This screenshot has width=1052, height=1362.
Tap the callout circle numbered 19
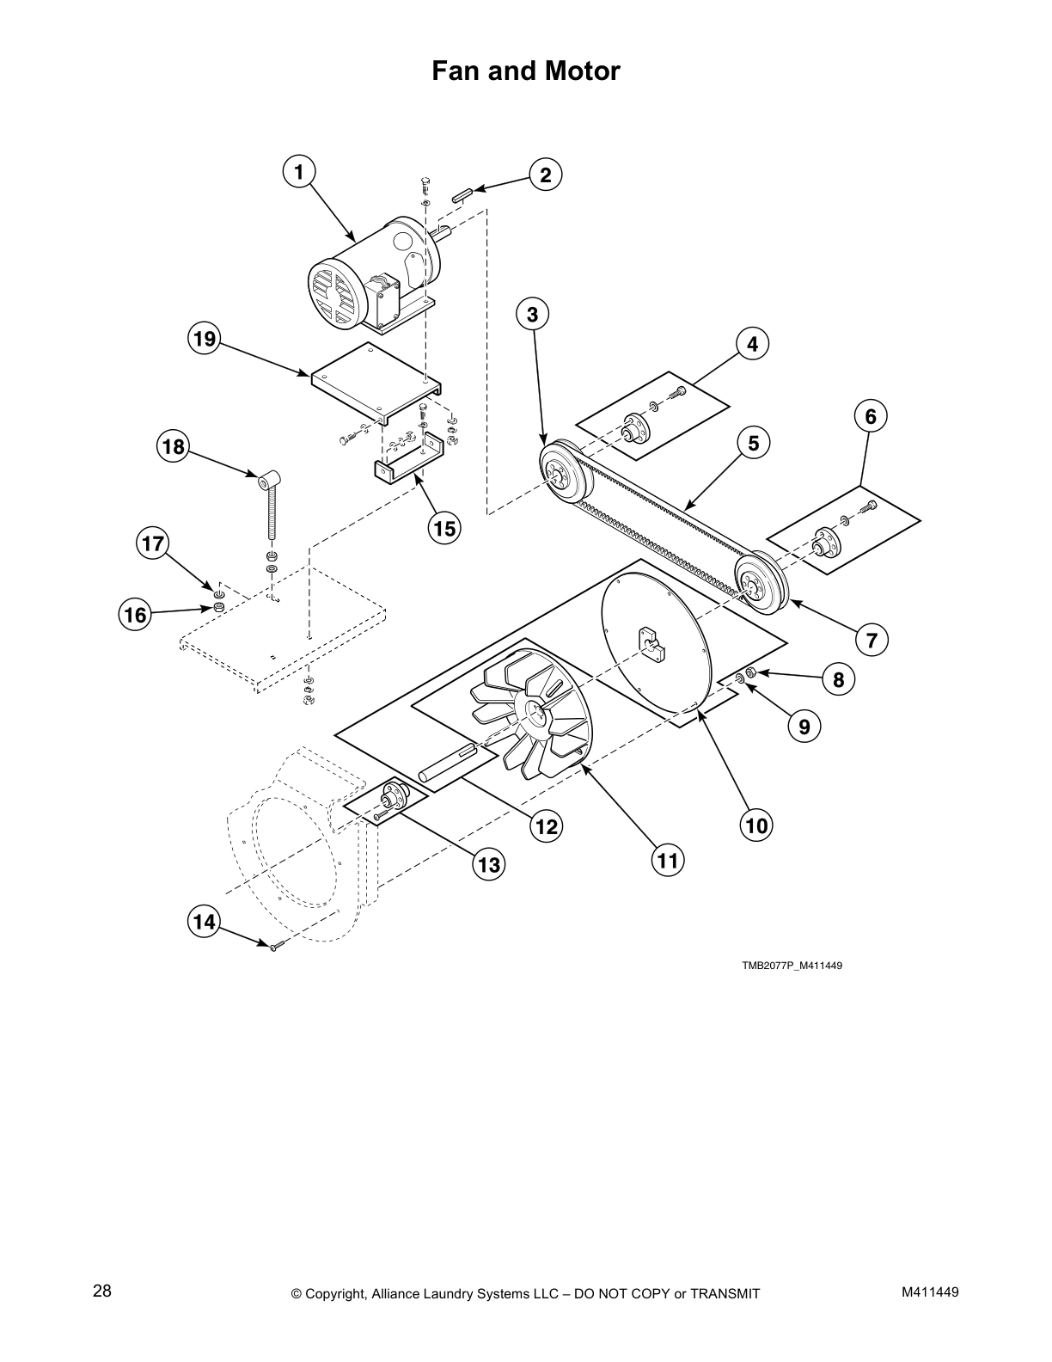(x=205, y=339)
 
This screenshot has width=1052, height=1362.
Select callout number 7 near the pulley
(x=872, y=640)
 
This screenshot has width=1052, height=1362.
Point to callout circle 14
(x=204, y=923)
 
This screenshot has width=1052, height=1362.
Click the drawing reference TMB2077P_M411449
(x=792, y=966)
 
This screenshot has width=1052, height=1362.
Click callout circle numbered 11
(x=668, y=860)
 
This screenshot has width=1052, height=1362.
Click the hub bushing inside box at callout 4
(x=635, y=426)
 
